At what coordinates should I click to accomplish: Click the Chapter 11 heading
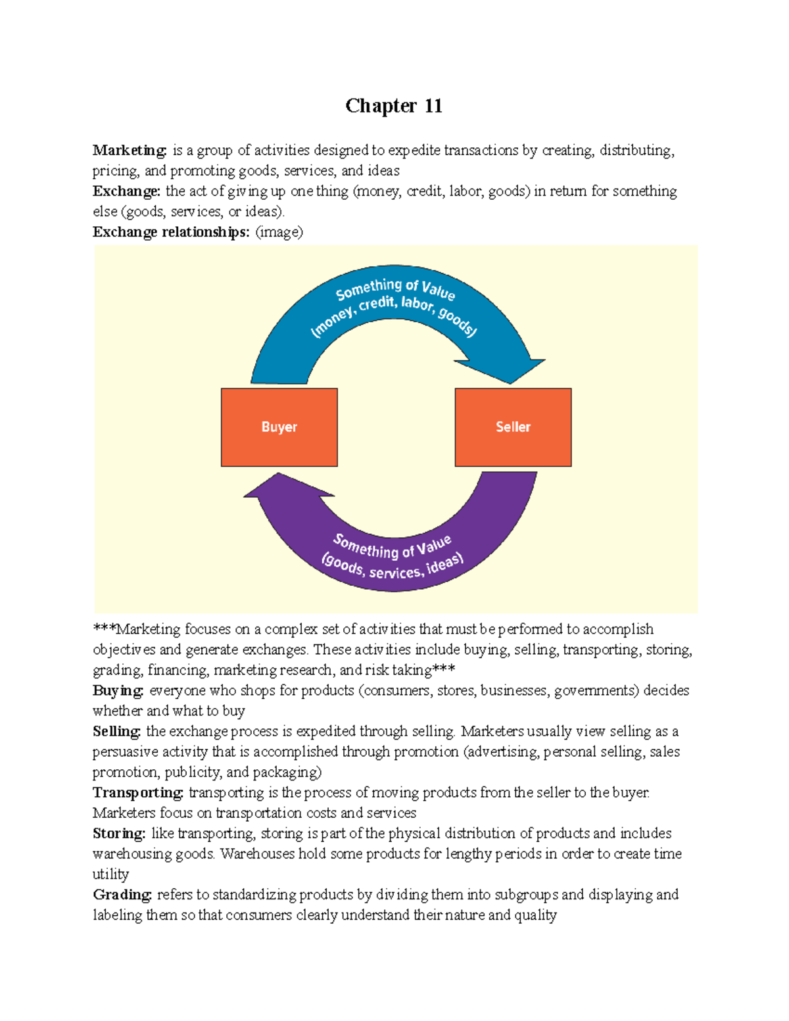point(393,106)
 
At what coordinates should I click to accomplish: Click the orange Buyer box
point(279,427)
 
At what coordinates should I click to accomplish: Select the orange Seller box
point(513,427)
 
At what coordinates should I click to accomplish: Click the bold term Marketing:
point(130,151)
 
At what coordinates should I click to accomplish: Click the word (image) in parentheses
point(279,232)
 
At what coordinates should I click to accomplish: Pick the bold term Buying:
point(118,691)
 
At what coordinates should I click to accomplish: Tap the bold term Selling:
point(116,732)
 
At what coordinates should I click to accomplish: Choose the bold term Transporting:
point(137,793)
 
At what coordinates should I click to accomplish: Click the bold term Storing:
point(118,834)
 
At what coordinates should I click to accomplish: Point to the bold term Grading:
point(122,895)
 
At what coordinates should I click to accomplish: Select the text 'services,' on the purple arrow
point(394,572)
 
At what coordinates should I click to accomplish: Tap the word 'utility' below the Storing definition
point(110,874)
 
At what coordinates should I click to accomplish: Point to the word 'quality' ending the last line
point(536,915)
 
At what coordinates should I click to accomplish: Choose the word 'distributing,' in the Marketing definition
point(636,151)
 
